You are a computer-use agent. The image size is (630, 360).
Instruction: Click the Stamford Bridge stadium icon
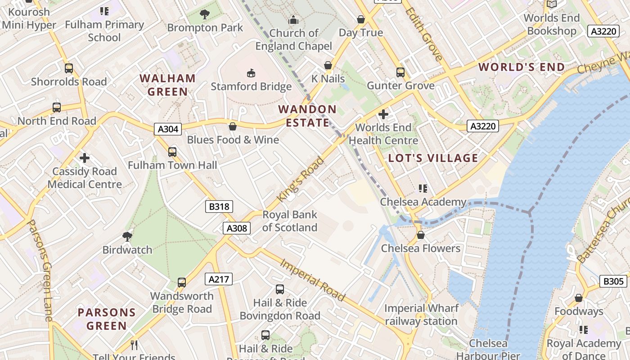(x=251, y=73)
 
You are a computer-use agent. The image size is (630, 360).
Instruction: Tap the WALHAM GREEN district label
(x=167, y=85)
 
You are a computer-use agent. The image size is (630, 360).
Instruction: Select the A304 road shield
(x=168, y=129)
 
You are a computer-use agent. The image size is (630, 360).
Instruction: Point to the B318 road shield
(x=219, y=207)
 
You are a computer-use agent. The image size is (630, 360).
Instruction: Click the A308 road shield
(x=237, y=228)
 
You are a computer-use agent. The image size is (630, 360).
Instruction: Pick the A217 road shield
(x=219, y=279)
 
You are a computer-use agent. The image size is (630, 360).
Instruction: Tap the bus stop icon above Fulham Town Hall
(x=172, y=152)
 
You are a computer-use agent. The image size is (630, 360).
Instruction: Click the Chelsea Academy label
(x=423, y=202)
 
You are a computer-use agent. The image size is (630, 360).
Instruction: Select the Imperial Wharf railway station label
(x=421, y=315)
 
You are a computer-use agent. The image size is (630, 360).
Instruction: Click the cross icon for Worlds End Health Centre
(x=383, y=114)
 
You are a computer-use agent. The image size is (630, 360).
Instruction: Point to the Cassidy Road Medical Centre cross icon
(x=84, y=158)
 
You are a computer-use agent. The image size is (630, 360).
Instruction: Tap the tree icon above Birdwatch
(x=127, y=236)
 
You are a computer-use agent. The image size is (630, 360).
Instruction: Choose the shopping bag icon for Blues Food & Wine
(x=233, y=126)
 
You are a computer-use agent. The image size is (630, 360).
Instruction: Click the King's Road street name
(x=301, y=179)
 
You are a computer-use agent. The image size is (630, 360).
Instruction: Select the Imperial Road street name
(x=313, y=280)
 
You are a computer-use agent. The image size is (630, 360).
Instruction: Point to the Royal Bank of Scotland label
(x=290, y=221)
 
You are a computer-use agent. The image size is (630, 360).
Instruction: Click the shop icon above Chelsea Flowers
(x=421, y=235)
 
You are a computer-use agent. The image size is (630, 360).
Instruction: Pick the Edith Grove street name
(x=424, y=34)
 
